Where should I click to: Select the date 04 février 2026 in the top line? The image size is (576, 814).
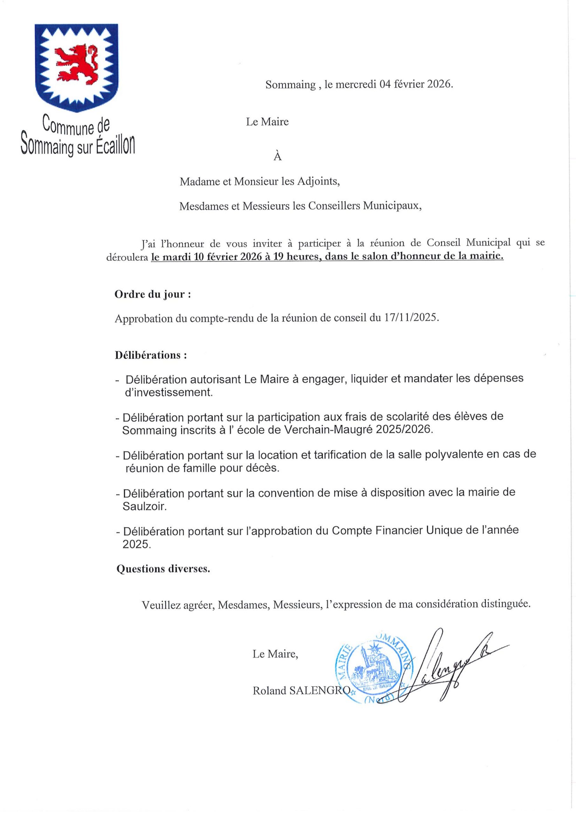click(415, 84)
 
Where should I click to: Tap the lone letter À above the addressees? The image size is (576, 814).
click(277, 156)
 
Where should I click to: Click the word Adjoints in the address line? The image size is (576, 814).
click(318, 182)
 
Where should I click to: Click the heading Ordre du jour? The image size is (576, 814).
click(153, 294)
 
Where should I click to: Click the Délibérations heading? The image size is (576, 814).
click(151, 355)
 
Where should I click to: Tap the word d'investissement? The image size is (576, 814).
click(169, 392)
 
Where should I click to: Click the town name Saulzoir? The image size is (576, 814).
click(144, 506)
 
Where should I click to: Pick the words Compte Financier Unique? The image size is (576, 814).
click(377, 530)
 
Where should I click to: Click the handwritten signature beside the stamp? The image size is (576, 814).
click(450, 670)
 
